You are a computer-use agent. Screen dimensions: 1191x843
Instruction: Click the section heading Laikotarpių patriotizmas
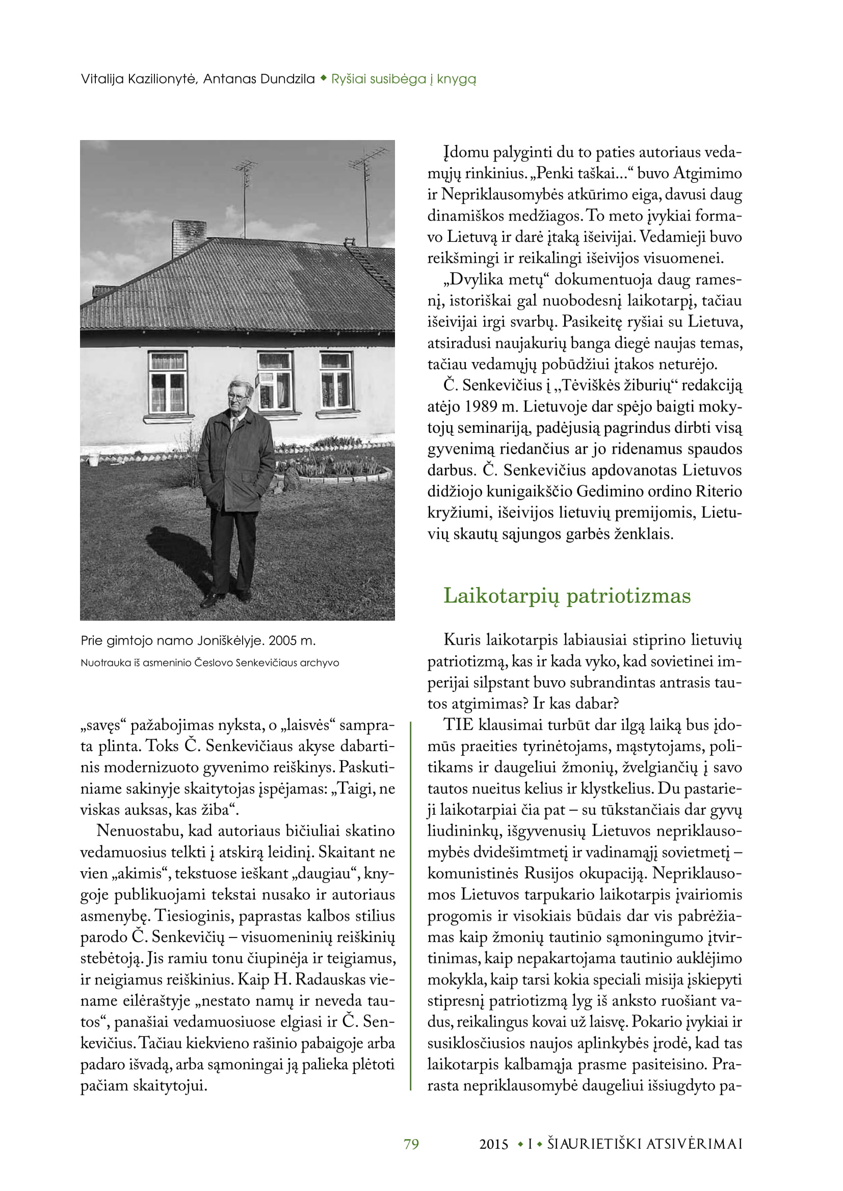(567, 596)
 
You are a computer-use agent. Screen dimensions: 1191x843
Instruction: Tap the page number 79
(411, 1144)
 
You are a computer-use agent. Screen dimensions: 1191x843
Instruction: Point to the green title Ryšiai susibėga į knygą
(403, 79)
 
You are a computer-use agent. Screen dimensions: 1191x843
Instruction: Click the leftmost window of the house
(168, 382)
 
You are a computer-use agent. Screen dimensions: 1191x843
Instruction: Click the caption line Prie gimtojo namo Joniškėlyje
(198, 641)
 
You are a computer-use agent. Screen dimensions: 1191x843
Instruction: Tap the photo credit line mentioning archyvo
(209, 663)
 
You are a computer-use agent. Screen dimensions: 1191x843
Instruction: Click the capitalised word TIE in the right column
(458, 725)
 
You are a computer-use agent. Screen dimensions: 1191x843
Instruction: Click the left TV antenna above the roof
(245, 176)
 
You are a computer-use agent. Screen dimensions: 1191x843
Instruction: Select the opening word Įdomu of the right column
(466, 153)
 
